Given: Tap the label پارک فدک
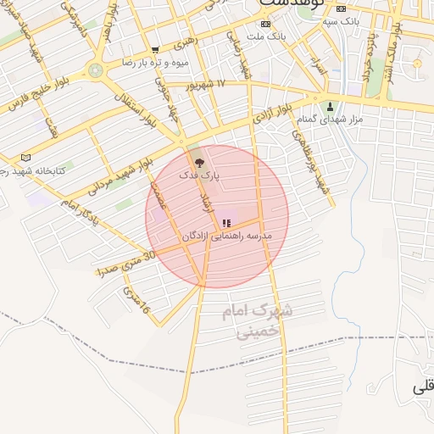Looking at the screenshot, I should click(199, 175).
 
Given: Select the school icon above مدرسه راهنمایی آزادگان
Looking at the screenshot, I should click(225, 223).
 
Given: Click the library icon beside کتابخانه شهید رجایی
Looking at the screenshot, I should click(25, 157).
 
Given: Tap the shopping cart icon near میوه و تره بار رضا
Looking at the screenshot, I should click(154, 50).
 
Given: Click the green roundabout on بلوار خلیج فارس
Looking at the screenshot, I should click(96, 70).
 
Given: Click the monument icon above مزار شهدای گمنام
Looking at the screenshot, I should click(331, 107).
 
